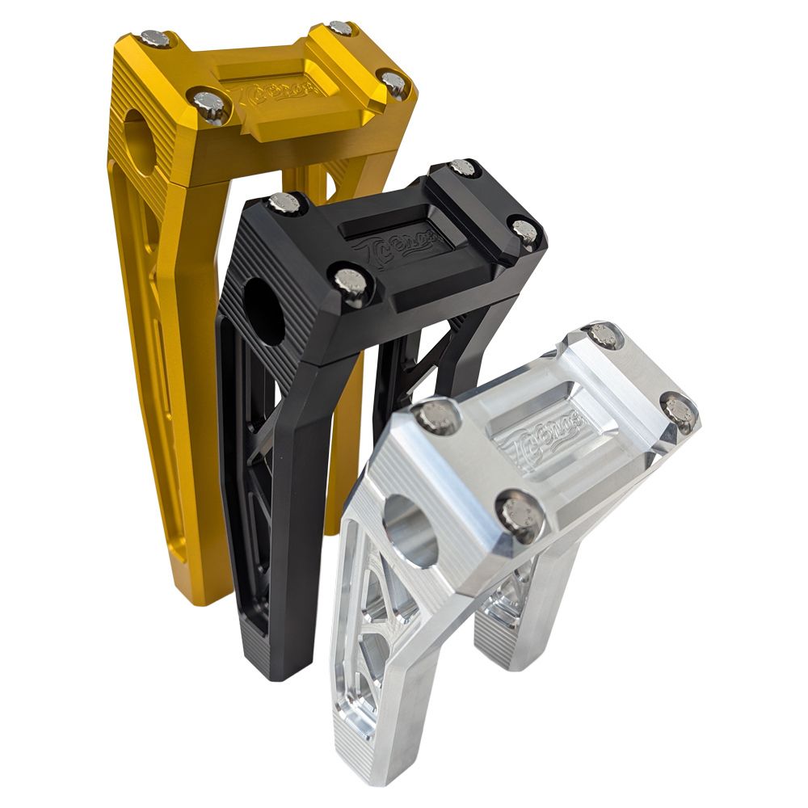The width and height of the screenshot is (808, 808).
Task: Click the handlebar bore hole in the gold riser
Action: click(140, 141)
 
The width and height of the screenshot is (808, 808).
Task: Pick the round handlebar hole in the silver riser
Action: click(410, 530)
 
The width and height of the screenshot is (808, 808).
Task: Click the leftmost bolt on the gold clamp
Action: click(154, 38)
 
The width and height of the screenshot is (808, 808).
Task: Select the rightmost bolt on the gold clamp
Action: click(393, 82)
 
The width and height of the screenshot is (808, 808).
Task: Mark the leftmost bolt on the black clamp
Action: click(284, 202)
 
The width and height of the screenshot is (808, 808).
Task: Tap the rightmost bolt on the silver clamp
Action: click(680, 410)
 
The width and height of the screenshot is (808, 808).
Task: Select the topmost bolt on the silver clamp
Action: click(603, 334)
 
